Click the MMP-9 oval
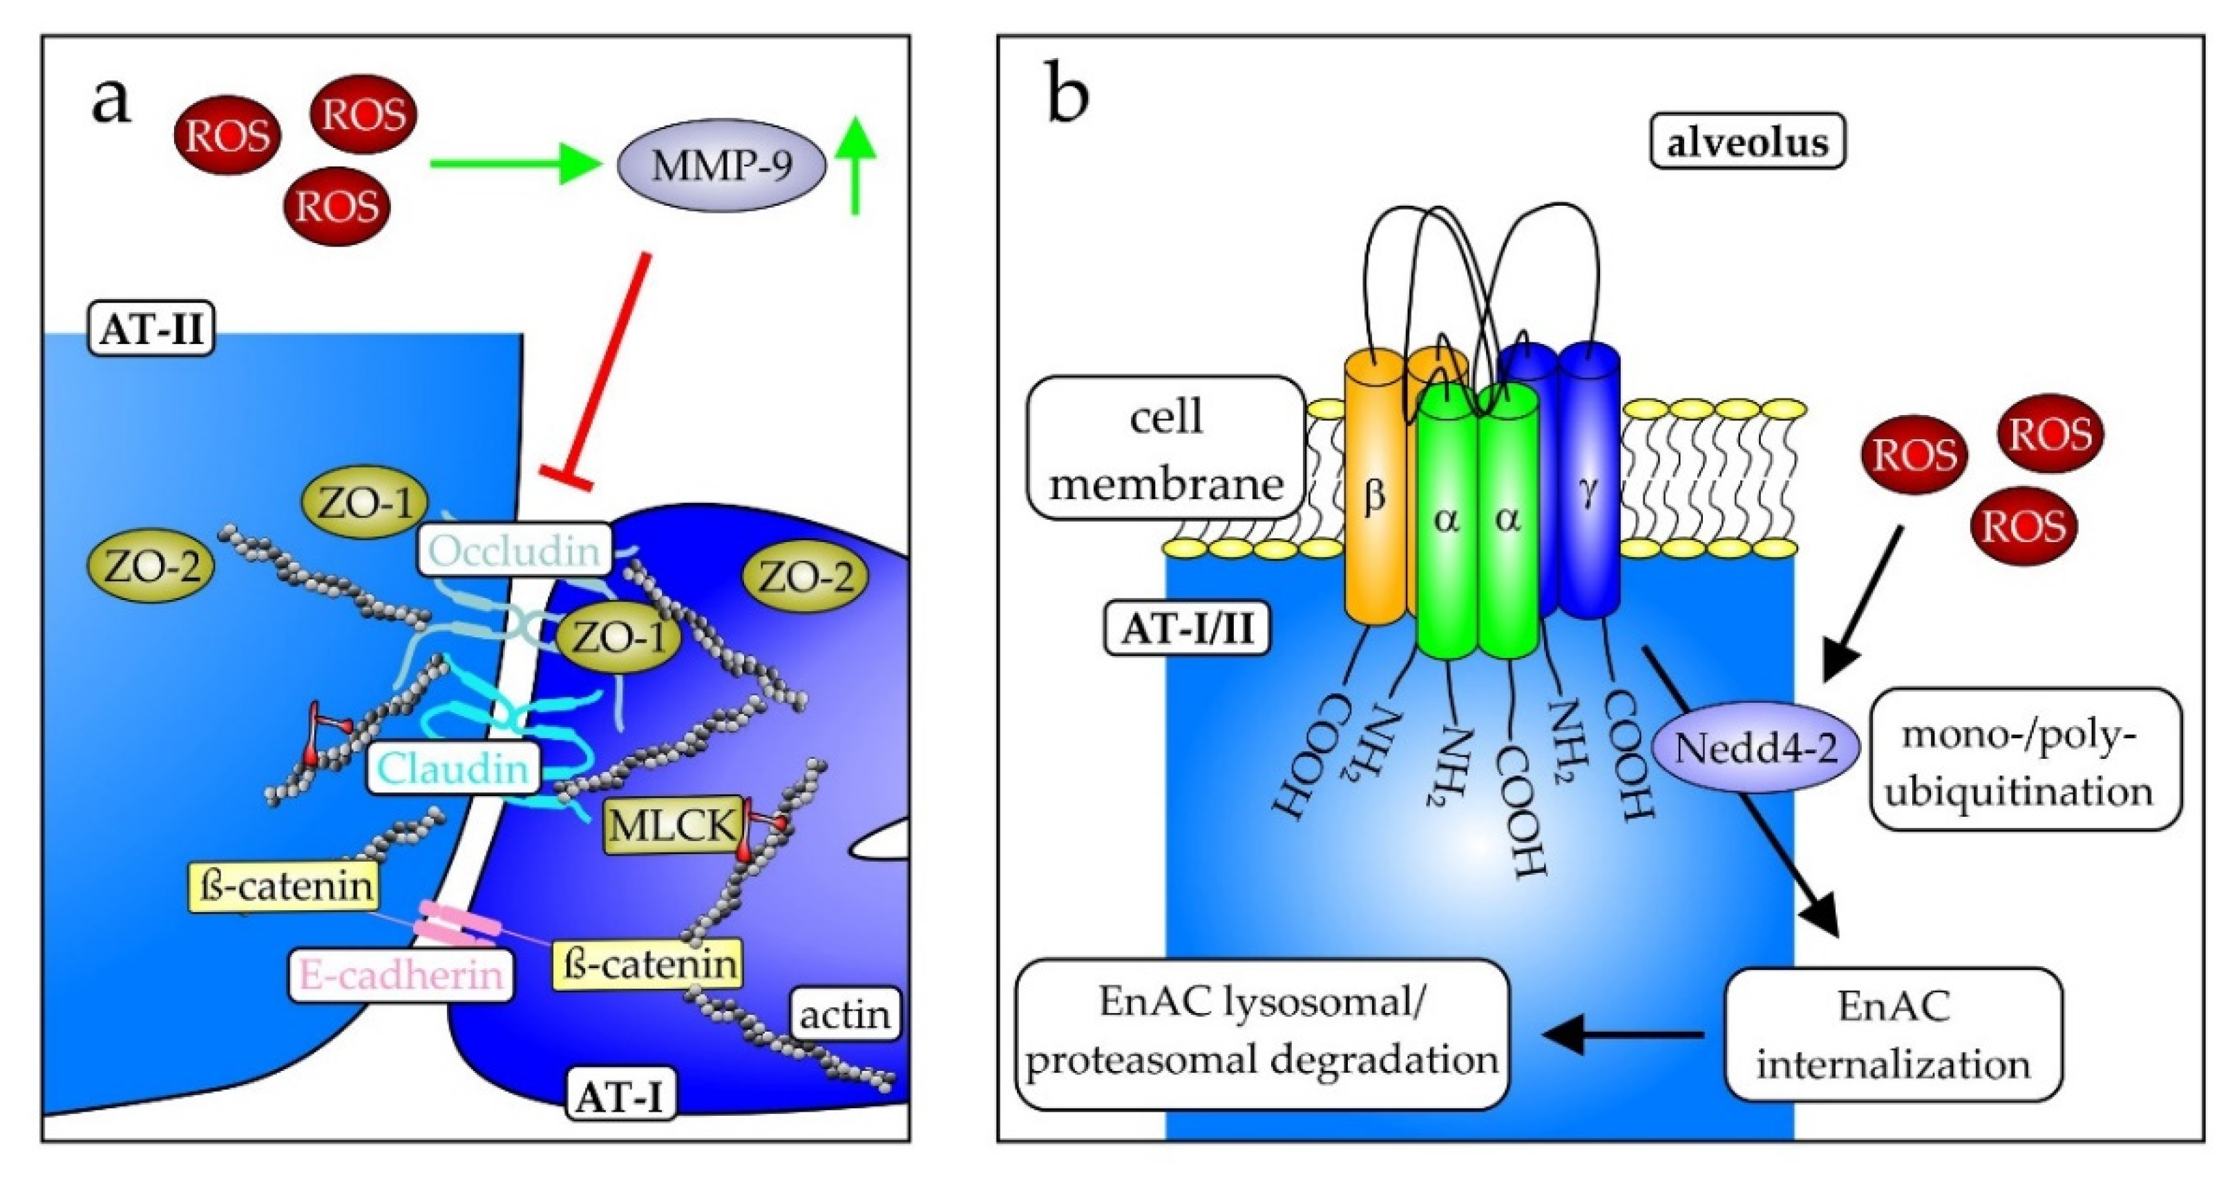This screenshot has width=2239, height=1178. tap(721, 165)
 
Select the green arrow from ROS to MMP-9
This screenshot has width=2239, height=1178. tap(513, 164)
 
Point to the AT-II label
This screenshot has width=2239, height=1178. tap(152, 329)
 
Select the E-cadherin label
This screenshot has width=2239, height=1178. tap(401, 975)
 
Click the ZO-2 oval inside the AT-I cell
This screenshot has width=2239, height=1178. tap(807, 577)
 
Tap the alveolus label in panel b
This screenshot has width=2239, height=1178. tap(1747, 142)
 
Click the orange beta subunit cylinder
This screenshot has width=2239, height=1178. tap(1374, 495)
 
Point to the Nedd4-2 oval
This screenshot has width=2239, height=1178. tap(1755, 748)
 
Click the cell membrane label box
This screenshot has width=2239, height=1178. tap(1165, 448)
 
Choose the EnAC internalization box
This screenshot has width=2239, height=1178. tap(1893, 1034)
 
